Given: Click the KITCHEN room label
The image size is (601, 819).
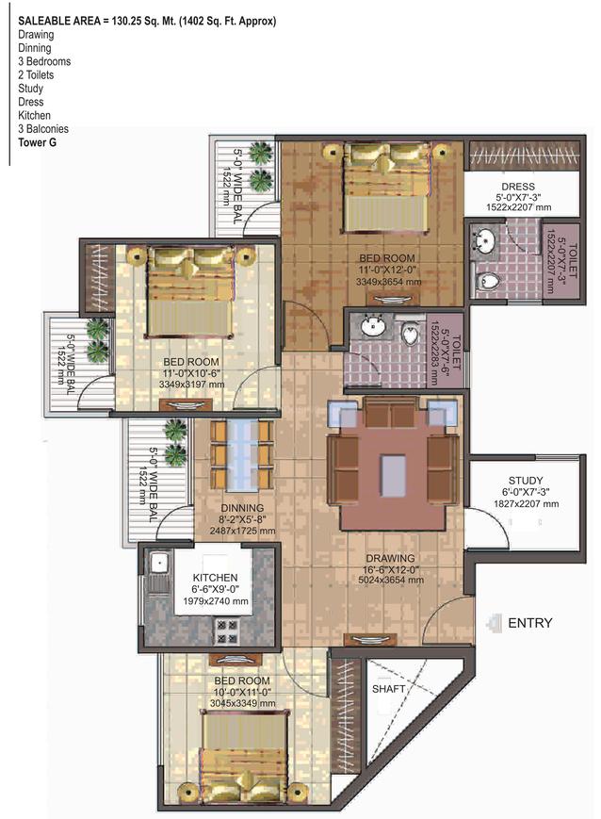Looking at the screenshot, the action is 215,578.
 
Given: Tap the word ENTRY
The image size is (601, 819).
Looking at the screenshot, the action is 530,623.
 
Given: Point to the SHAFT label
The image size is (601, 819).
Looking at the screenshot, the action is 388,689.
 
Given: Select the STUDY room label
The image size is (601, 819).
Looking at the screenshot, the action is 526,480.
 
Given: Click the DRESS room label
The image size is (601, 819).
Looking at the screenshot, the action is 518,187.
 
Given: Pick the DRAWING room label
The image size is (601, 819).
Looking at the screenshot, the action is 390,558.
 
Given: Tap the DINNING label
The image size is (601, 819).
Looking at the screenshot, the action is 242,508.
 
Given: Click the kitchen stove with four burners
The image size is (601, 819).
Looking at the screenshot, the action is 227,631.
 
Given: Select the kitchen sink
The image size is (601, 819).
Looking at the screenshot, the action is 157,563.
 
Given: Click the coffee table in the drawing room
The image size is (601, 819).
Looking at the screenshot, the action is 393,475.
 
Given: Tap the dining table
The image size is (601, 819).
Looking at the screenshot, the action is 242,455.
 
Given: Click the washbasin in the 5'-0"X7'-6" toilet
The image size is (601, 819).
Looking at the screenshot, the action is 373,327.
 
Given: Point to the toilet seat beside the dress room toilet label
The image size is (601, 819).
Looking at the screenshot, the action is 488,281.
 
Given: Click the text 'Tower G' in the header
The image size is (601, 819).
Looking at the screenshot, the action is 37,142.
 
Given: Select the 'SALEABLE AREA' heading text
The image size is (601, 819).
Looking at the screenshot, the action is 62,21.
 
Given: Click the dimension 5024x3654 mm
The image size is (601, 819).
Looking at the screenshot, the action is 391,580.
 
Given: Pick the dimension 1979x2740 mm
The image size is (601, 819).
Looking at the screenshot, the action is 215,601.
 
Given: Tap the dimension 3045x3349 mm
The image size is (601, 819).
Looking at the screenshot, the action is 242,704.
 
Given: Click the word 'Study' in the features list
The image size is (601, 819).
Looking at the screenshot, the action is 30,89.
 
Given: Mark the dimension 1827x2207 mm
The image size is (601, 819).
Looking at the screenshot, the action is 527,504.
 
